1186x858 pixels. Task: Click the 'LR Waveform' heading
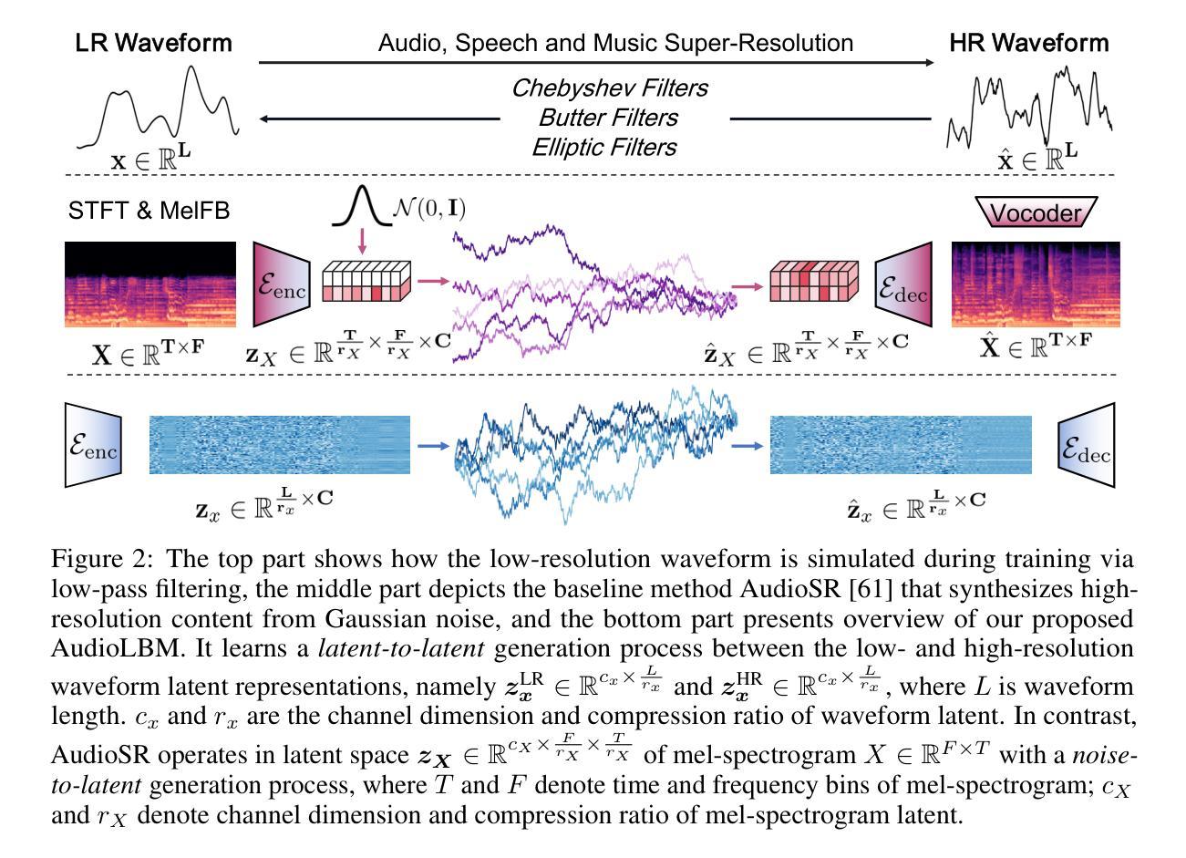153,42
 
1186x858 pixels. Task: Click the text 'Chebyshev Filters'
609,88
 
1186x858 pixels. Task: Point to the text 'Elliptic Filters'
604,147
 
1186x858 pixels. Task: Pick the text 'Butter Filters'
608,118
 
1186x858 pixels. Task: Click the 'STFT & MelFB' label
150,211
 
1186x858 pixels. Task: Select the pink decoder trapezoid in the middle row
904,284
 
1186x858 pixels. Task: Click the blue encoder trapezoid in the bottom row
93,444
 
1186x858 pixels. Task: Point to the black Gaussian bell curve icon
360,207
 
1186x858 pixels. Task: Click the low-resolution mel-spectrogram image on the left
151,284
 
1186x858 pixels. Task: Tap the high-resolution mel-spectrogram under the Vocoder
1036,284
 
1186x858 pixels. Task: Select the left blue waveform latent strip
279,444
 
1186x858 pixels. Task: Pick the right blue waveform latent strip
901,444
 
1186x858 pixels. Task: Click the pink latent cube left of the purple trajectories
367,280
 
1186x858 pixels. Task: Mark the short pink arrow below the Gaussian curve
363,241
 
